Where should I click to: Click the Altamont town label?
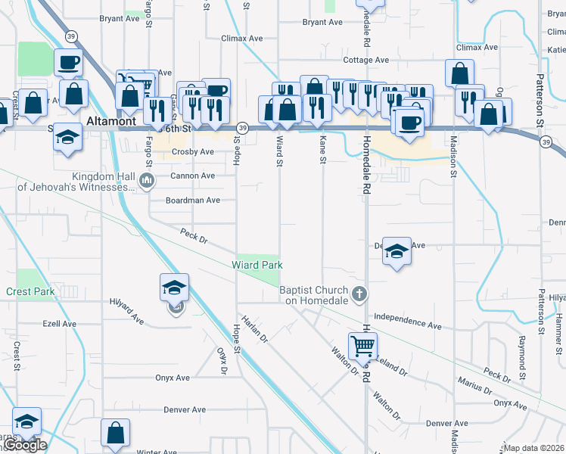[110, 120]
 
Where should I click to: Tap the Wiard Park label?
[257, 265]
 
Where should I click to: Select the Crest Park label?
[30, 291]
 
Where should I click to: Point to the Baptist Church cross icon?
[360, 294]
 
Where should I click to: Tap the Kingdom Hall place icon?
[147, 180]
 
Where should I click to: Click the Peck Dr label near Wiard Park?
[194, 235]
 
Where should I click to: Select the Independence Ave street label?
[407, 321]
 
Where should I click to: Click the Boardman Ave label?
[193, 201]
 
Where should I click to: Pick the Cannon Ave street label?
[192, 176]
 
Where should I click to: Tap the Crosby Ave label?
[193, 151]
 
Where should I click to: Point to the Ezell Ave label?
[60, 323]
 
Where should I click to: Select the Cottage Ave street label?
[365, 60]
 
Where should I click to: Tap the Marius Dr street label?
[475, 385]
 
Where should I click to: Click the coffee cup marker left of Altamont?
[68, 62]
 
